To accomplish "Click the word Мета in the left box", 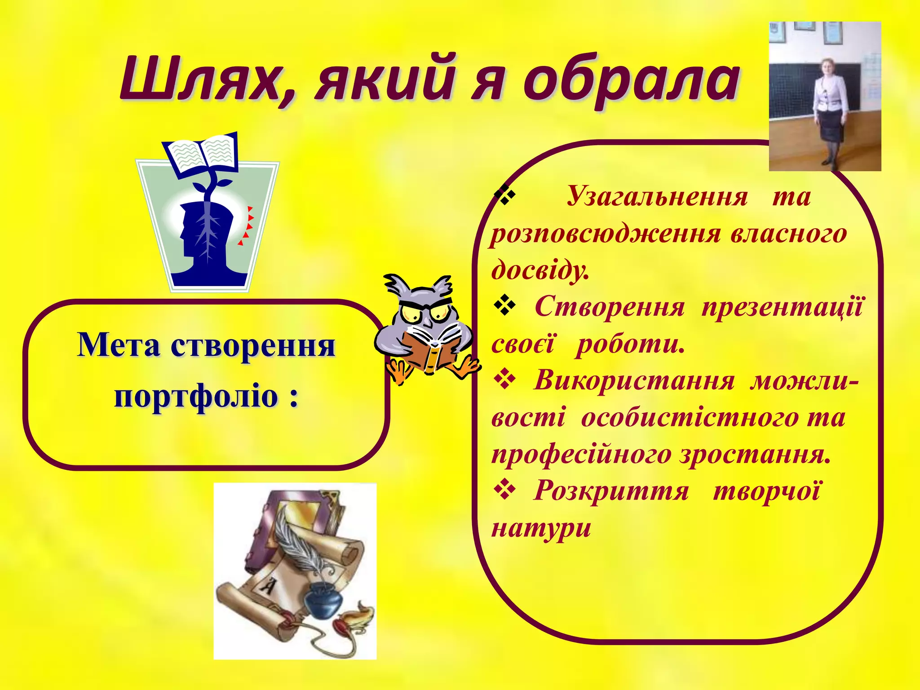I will (x=119, y=345).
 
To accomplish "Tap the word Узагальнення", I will (x=657, y=197).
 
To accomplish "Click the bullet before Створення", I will (x=504, y=307).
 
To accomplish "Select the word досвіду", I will (x=540, y=270).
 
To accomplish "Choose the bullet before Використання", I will (x=504, y=380).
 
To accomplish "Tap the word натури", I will (x=541, y=528).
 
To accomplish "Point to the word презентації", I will (x=782, y=308).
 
